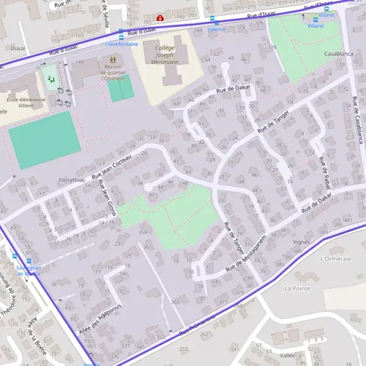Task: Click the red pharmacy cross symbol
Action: coord(160,18)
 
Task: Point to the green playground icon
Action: coord(50,79)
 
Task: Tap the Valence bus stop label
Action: coord(216,29)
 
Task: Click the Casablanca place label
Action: coord(339,54)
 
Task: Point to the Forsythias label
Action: coord(72,181)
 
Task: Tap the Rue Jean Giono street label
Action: coord(107,199)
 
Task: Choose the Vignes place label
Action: coord(301,242)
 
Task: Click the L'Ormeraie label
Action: coord(335,259)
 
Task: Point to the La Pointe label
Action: coord(298,288)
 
